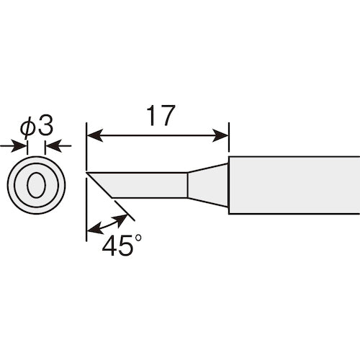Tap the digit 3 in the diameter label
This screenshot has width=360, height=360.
pos(45,126)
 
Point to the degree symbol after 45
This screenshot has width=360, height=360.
pos(130,238)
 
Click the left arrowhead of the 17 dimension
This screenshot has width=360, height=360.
pos(92,134)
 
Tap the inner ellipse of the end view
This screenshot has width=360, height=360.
pos(36,184)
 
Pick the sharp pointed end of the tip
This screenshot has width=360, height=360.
pos(87,172)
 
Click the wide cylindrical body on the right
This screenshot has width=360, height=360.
pos(295,185)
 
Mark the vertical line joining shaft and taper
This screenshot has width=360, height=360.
pos(187,185)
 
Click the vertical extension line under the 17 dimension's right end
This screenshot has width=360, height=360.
pos(228,144)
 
